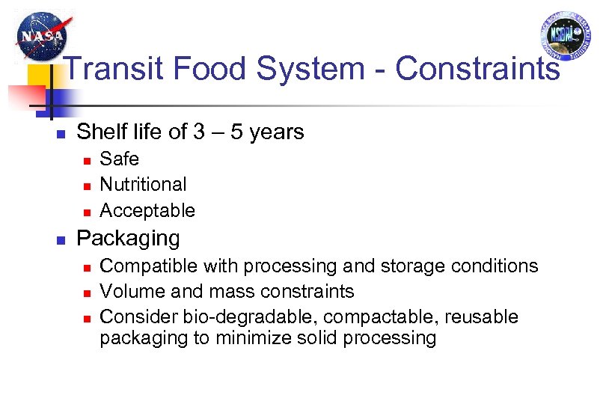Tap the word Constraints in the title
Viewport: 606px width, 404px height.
(x=477, y=69)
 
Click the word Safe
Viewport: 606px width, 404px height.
(x=120, y=159)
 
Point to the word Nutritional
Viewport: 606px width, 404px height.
(x=144, y=184)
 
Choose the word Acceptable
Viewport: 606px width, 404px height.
(x=147, y=211)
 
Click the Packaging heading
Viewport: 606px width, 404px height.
(x=129, y=239)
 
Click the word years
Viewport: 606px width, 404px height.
(x=277, y=133)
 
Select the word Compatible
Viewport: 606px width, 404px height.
(x=143, y=266)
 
